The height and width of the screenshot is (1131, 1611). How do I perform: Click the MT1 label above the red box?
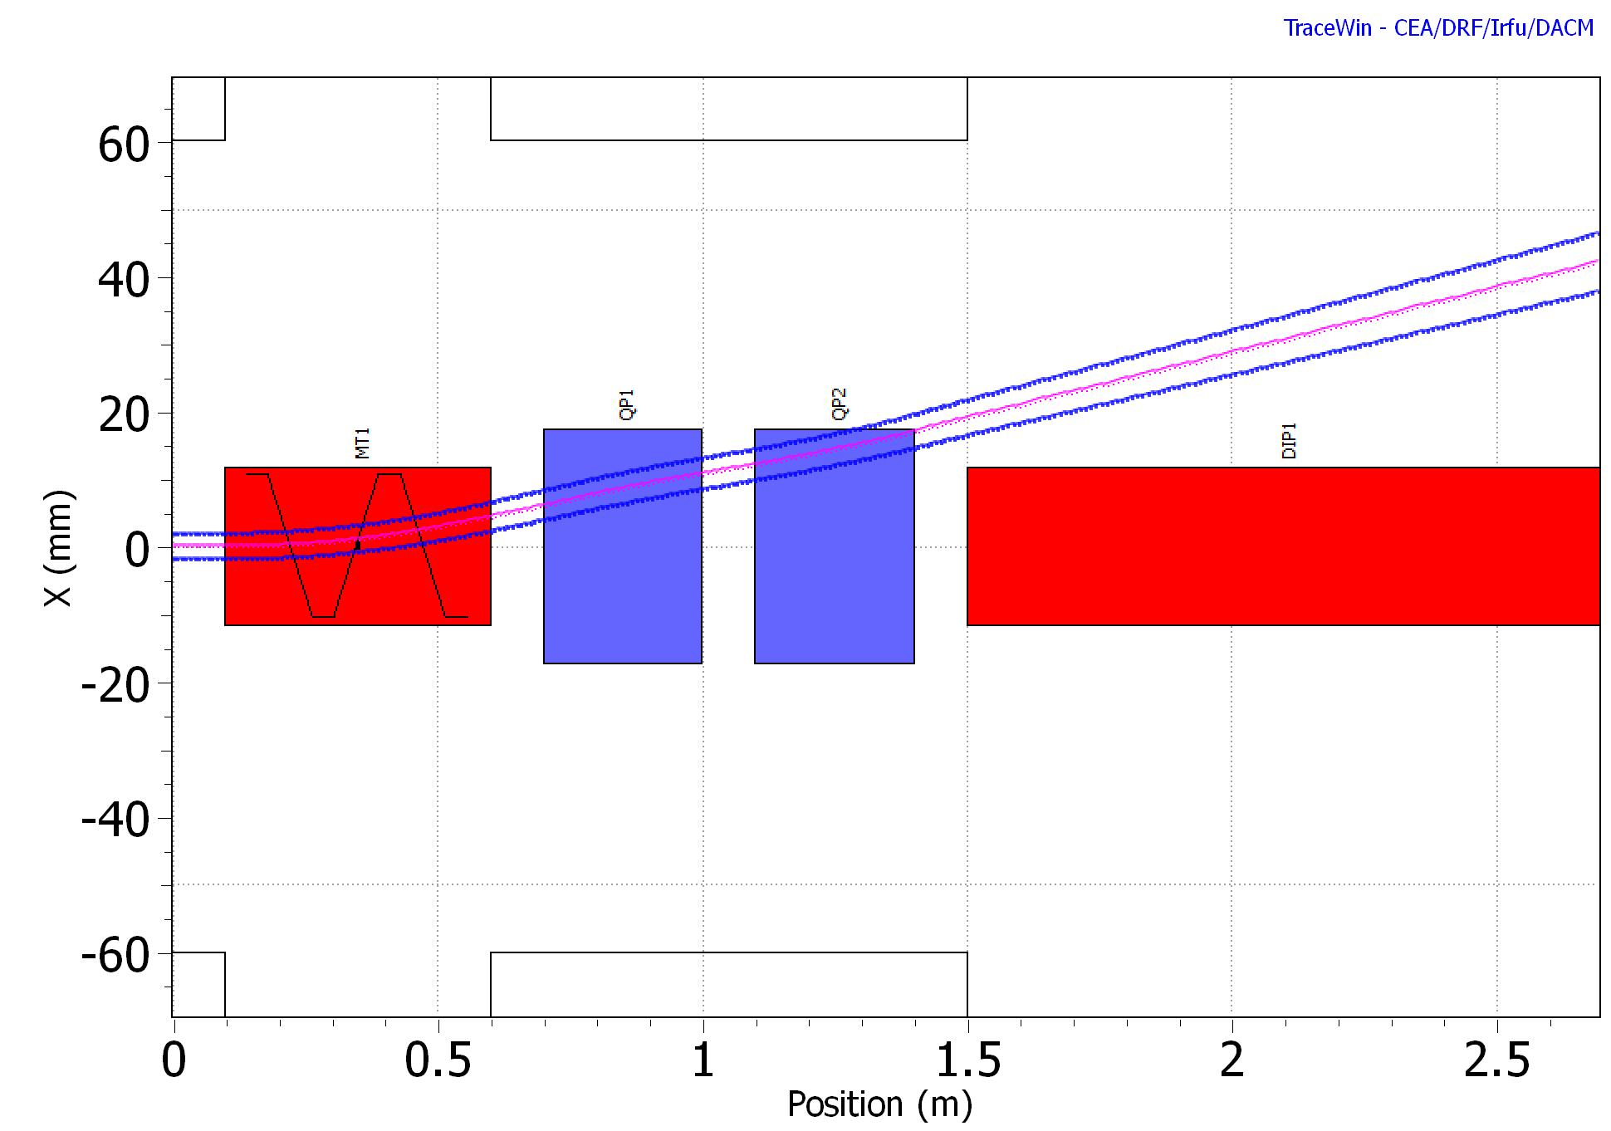[363, 443]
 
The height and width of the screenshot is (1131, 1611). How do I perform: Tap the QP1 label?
[628, 404]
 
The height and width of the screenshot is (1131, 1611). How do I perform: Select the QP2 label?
[840, 404]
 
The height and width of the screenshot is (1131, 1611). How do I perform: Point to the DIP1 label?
[1289, 441]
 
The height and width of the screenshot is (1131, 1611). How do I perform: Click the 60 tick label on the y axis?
[124, 146]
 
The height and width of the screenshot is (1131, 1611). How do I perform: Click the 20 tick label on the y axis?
[124, 415]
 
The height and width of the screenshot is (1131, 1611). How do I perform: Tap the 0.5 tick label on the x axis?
[438, 1060]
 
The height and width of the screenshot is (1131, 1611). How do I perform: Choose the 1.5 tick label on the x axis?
[967, 1060]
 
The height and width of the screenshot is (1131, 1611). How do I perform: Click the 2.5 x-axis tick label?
[1496, 1060]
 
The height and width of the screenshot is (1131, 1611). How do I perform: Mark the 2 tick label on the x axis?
[1232, 1060]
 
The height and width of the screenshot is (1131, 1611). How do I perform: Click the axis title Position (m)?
[879, 1105]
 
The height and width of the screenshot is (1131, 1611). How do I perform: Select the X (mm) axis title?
[59, 548]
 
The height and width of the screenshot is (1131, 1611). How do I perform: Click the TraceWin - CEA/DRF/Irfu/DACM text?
[1438, 28]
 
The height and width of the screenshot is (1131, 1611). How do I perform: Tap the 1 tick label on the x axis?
[703, 1060]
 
